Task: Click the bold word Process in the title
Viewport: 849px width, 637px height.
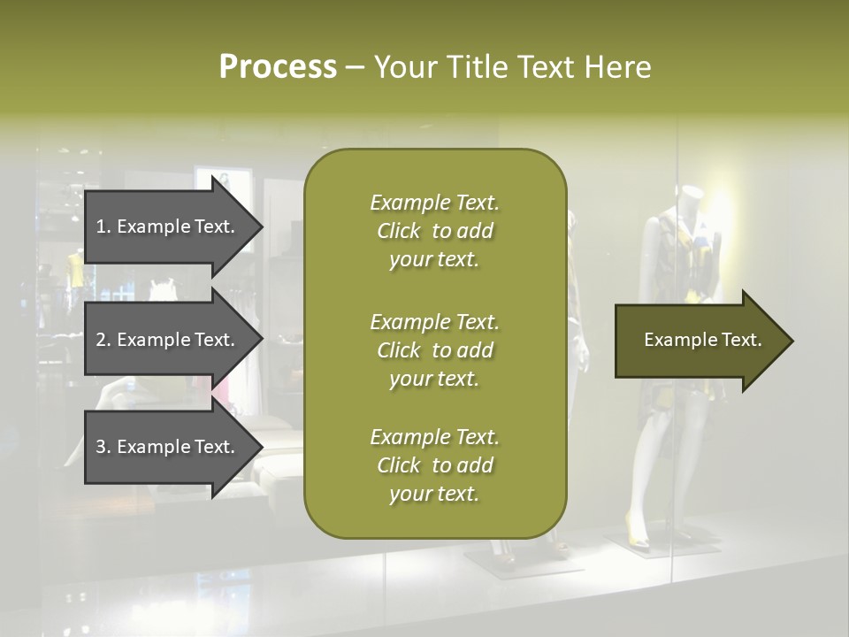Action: click(x=278, y=67)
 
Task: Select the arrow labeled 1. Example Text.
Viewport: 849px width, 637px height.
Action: click(x=168, y=226)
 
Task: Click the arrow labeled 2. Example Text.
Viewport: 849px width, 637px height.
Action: click(x=168, y=340)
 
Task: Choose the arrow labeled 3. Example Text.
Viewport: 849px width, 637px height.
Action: click(x=168, y=447)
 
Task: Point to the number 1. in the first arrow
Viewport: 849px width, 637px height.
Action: click(x=103, y=226)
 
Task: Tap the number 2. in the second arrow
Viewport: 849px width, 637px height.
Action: click(x=103, y=340)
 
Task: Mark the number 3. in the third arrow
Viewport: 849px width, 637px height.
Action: click(x=103, y=447)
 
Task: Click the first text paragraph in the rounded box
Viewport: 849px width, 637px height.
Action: click(x=434, y=231)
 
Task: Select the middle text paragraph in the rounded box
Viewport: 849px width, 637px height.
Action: click(x=434, y=350)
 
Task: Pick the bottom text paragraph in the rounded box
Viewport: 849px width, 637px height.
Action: click(x=434, y=465)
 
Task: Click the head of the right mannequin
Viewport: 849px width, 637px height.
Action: click(x=690, y=196)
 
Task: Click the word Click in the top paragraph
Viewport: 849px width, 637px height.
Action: click(x=399, y=231)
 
